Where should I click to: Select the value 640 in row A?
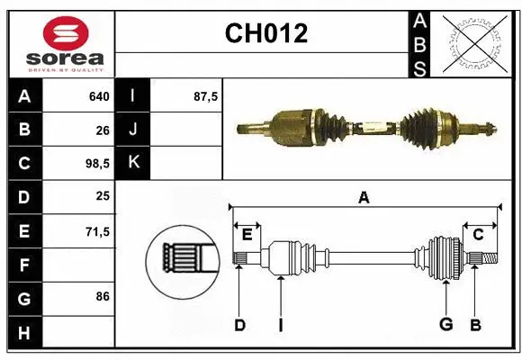click(98, 96)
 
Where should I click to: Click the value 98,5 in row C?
click(95, 164)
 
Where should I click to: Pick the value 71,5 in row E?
click(95, 231)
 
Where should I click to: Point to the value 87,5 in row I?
click(206, 96)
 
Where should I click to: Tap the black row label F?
click(24, 265)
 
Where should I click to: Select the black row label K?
click(133, 164)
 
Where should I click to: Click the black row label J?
click(133, 130)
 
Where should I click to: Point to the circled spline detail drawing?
click(183, 259)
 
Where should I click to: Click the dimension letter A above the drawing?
click(364, 198)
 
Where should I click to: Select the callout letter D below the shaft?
click(239, 325)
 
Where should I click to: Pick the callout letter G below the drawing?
click(445, 325)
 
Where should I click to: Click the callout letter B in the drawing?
click(476, 325)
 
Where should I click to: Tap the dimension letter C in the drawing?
click(479, 235)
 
